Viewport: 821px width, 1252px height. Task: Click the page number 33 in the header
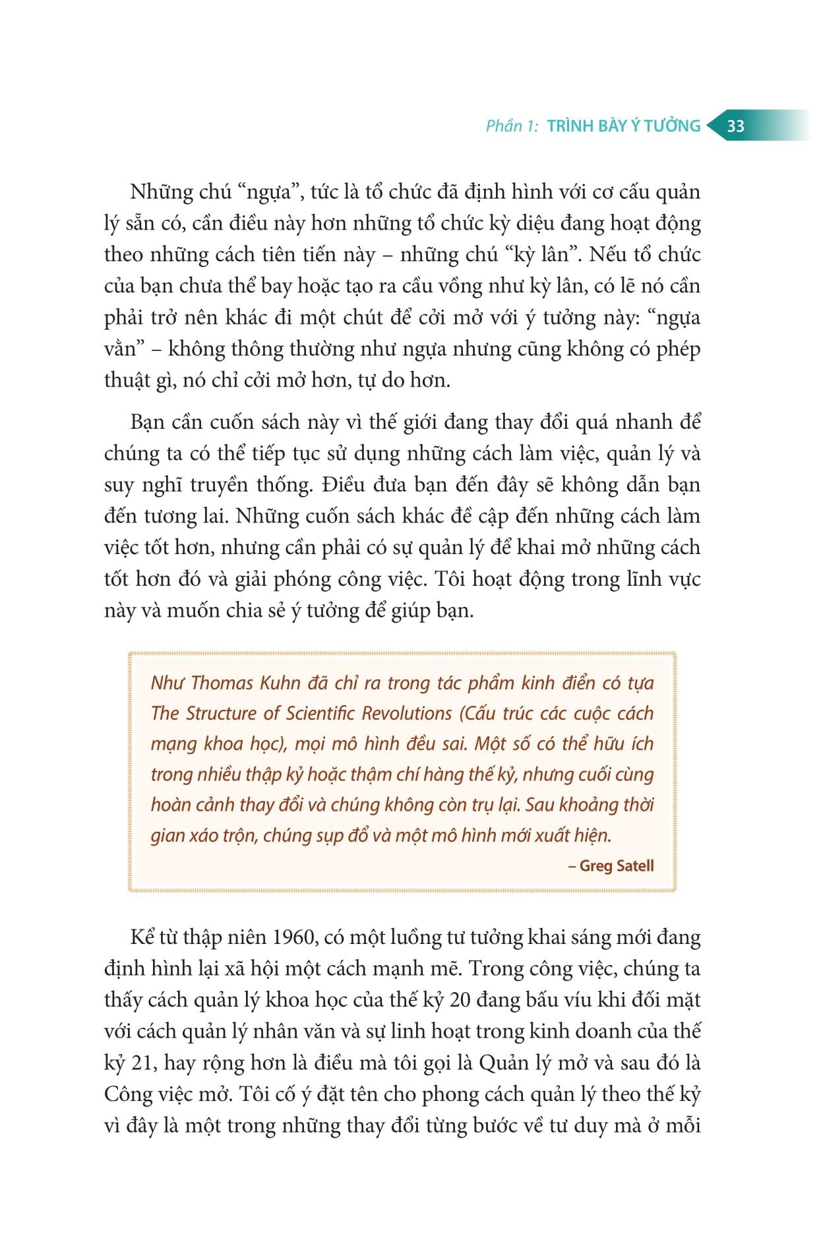[735, 126]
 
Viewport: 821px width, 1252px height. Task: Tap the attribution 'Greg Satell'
[617, 865]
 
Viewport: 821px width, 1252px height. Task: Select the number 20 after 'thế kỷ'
[460, 1000]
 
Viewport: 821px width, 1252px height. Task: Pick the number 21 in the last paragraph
[140, 1063]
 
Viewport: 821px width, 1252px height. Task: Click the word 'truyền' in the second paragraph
[222, 485]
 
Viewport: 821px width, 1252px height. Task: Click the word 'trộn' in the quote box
[238, 836]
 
